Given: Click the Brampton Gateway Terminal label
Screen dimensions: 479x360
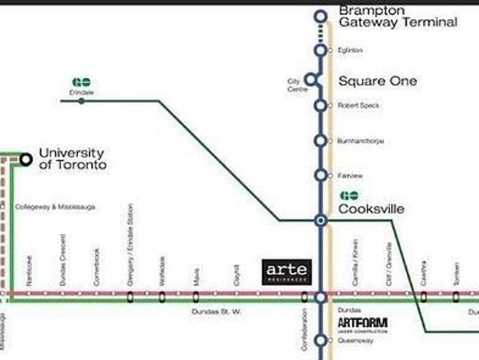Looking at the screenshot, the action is pos(397,16).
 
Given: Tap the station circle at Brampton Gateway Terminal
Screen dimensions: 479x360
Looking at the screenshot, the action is pos(321,16).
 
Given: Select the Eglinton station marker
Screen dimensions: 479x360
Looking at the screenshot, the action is pos(321,50).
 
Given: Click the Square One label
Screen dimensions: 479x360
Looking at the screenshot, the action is pos(378,81).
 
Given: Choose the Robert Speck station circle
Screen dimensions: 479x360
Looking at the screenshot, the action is pos(321,106).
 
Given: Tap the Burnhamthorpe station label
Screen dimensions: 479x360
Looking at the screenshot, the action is pos(359,140).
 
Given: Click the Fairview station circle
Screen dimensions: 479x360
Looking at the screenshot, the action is pos(321,175).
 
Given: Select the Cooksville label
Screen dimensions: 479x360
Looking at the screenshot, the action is pos(371,209).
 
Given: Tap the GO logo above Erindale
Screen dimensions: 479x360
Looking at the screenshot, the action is pos(81,82).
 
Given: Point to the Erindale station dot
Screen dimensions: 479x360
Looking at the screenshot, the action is pos(81,100).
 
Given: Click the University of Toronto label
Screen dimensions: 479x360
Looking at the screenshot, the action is pos(73,158).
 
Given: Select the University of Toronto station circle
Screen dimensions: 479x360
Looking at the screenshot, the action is pos(26,158).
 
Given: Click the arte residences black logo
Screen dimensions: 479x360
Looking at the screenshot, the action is pos(286,271).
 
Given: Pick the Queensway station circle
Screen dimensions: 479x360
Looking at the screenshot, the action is pos(321,340).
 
